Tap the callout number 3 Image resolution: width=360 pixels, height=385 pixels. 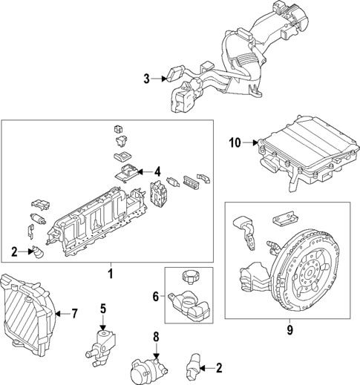pos(147,79)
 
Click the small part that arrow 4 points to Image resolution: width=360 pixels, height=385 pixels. pos(125,172)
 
